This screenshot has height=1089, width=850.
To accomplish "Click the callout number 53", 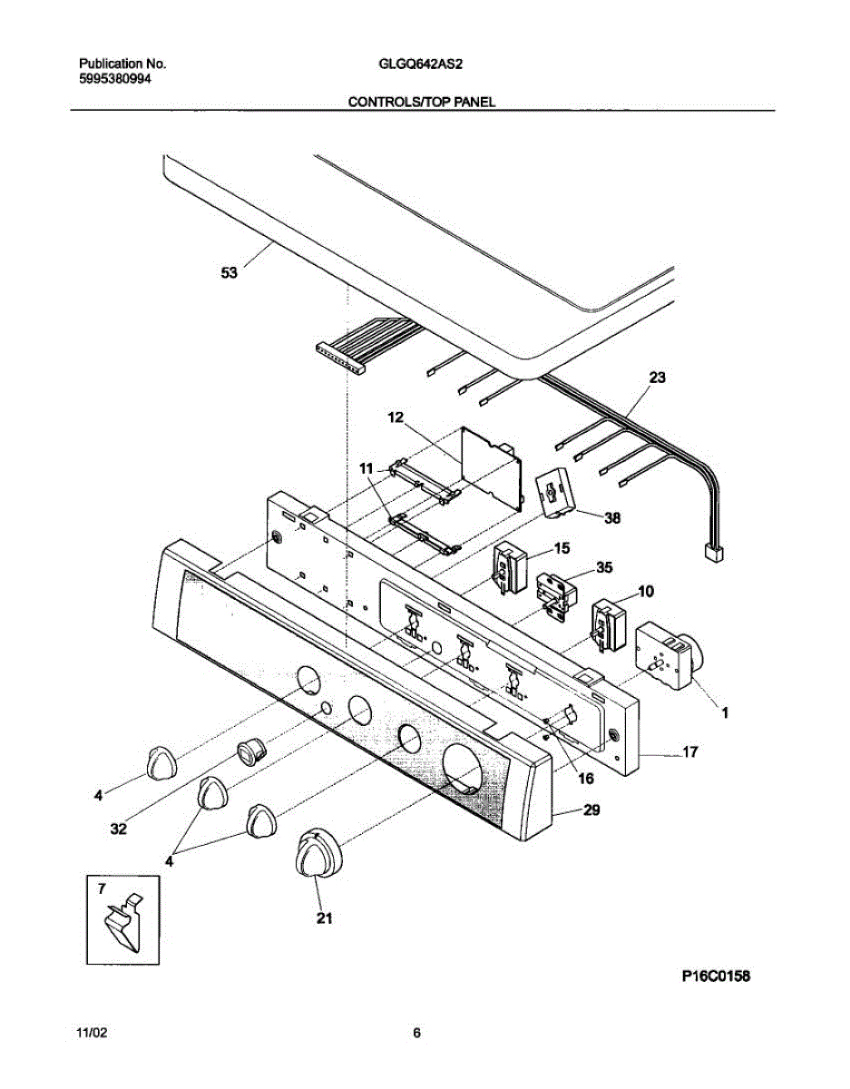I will [229, 271].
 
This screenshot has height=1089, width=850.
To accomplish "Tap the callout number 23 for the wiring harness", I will [657, 379].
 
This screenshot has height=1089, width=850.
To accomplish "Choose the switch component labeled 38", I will [555, 497].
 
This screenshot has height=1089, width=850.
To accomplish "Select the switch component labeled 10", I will [607, 625].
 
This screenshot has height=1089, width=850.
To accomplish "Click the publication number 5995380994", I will [115, 79].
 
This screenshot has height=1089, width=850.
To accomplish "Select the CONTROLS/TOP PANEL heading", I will [422, 103].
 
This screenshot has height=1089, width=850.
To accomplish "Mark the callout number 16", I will [585, 778].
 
